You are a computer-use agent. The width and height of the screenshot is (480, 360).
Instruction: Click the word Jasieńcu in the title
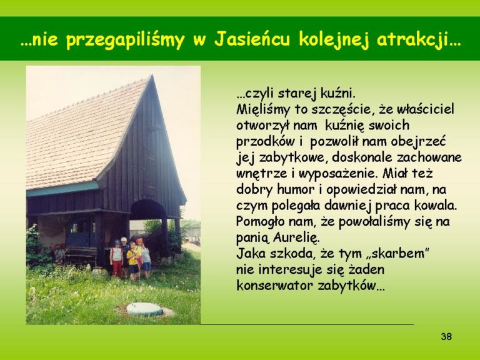252,40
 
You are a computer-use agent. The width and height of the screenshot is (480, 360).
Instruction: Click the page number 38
446,336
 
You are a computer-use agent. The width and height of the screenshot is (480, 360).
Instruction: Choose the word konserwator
275,286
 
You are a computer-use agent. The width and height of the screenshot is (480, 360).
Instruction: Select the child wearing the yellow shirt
133,261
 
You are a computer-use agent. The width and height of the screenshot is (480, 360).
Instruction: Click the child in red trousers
117,259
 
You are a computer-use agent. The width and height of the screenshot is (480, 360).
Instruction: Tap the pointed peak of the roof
151,76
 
